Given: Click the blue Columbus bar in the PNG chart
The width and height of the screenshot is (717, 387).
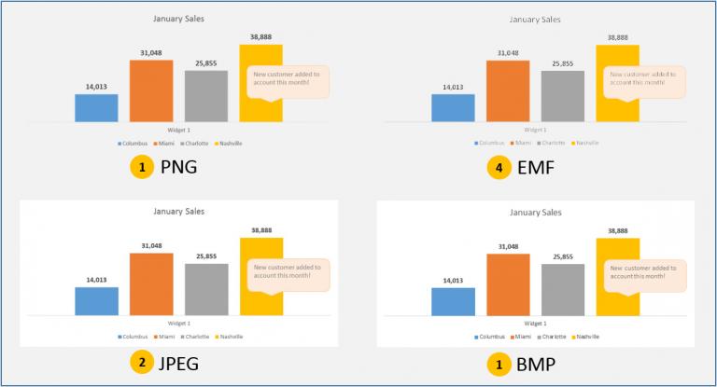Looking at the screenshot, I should pos(96,107).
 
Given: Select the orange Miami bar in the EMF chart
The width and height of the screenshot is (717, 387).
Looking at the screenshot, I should pos(507,90).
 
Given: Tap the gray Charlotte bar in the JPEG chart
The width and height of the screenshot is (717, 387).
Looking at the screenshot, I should pos(206,288).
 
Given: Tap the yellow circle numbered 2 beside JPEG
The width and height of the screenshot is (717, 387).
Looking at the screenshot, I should pos(141,363).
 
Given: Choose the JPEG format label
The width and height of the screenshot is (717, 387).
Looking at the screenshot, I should pos(184,363).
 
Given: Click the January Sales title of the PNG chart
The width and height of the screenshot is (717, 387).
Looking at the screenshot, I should pos(179,18).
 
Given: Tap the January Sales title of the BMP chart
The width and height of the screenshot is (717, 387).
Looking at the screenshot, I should pos(536,213).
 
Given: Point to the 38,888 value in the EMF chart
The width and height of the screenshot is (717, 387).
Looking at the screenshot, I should pos(617,38).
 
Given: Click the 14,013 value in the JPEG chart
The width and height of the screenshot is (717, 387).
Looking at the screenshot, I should pos(96,279).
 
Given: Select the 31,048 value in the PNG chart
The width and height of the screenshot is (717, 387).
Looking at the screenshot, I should pos(151,52).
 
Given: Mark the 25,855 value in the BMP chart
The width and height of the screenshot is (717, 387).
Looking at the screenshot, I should pos(563,256).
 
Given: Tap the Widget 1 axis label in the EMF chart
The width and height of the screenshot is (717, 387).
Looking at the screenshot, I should pos(536,129).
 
